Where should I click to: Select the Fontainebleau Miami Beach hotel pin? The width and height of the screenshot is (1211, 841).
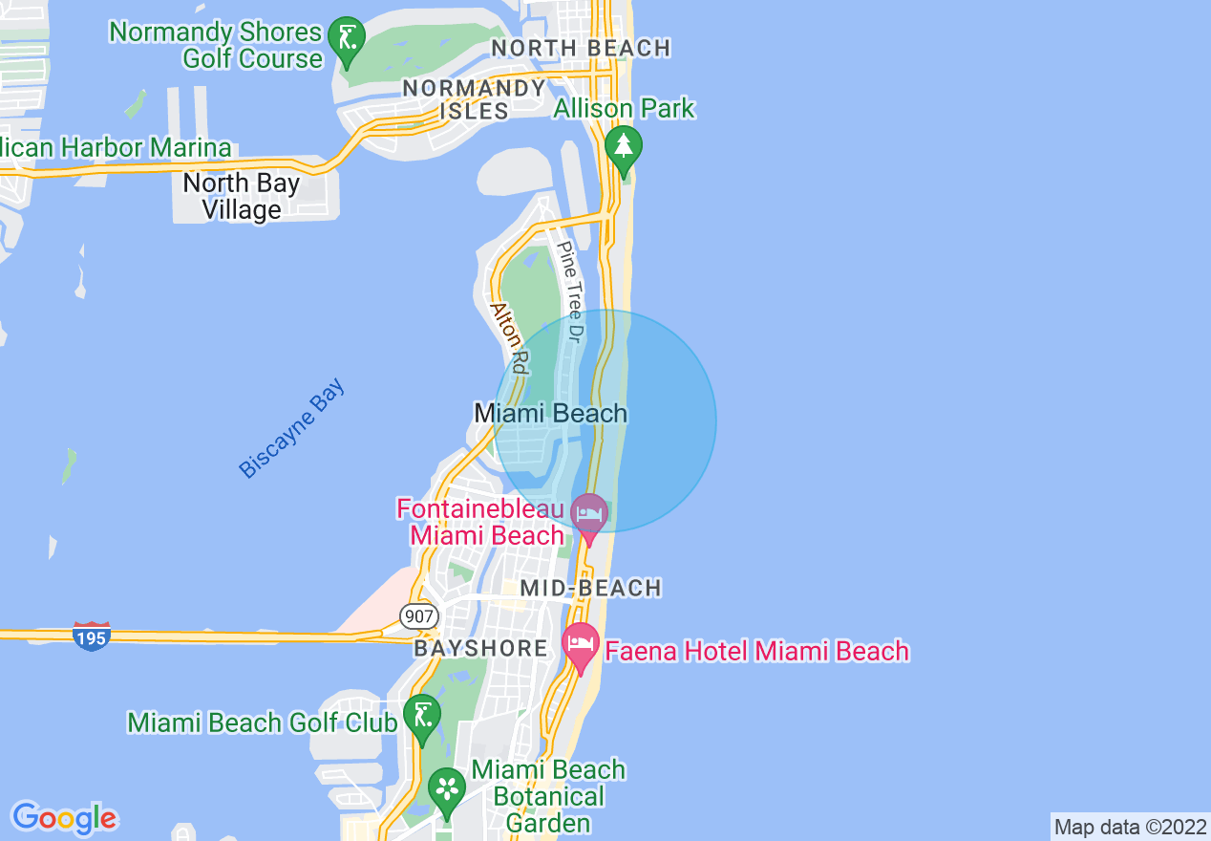[589, 514]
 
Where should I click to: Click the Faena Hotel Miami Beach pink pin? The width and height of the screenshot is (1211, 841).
[580, 644]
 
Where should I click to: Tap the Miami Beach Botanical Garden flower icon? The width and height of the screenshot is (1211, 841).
[445, 788]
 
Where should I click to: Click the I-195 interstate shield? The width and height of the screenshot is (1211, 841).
[92, 635]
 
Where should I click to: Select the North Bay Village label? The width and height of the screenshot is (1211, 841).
[242, 196]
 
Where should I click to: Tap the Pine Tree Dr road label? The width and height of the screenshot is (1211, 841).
[570, 291]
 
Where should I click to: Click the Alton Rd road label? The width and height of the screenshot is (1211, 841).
[509, 337]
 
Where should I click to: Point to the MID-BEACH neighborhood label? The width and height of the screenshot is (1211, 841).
[591, 588]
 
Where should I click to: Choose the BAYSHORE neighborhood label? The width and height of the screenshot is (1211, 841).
[480, 649]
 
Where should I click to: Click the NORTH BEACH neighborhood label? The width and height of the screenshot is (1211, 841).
[581, 48]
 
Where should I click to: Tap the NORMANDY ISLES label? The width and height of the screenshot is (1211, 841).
[474, 99]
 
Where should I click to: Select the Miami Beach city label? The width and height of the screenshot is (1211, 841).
[551, 414]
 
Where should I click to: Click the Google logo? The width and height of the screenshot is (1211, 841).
[64, 818]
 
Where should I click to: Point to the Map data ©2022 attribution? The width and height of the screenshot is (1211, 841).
[1130, 827]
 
